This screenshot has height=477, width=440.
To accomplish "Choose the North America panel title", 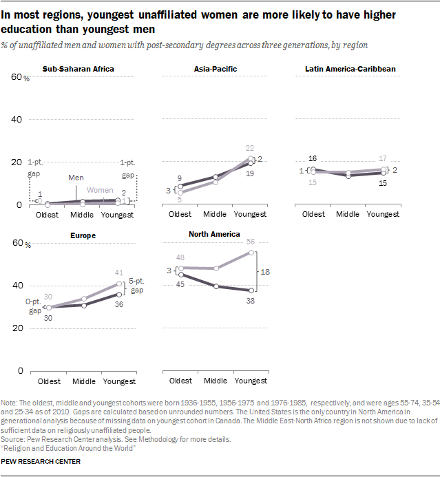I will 214,234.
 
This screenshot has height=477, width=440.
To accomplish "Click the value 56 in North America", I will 251,242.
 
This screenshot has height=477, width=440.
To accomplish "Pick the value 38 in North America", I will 251,301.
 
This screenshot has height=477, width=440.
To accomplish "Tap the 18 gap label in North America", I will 265,272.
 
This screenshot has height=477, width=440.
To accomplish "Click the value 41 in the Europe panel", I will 119,273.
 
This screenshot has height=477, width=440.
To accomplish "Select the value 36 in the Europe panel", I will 119,304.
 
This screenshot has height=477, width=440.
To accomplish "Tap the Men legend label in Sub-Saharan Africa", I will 76,178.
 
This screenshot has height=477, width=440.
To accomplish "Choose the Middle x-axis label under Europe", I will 84,381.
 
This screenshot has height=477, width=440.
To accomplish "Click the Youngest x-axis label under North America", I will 251,381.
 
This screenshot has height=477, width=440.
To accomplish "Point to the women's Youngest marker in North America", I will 252,253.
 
